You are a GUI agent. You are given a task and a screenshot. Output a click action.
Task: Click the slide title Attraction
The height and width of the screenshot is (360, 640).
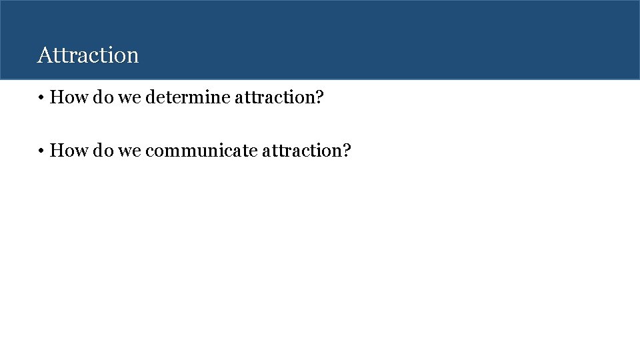(88, 55)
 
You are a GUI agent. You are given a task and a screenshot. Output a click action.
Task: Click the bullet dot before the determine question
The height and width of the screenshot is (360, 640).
(41, 98)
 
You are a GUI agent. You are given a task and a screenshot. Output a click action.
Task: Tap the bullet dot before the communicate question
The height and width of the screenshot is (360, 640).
(41, 151)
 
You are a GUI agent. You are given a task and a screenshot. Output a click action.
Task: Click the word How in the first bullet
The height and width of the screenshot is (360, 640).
(65, 98)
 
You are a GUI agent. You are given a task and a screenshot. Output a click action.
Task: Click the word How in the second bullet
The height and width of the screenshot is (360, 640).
(65, 151)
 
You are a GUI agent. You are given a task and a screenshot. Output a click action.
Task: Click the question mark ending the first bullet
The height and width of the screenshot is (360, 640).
(320, 98)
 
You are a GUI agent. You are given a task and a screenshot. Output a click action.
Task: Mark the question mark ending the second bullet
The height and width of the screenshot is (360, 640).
(347, 151)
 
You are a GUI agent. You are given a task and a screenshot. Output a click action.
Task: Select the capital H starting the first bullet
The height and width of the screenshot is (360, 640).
(56, 98)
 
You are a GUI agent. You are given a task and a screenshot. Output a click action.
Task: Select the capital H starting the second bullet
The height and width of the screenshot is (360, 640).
(56, 151)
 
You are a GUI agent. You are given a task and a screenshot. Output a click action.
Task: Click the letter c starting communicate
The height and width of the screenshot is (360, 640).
(149, 152)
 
